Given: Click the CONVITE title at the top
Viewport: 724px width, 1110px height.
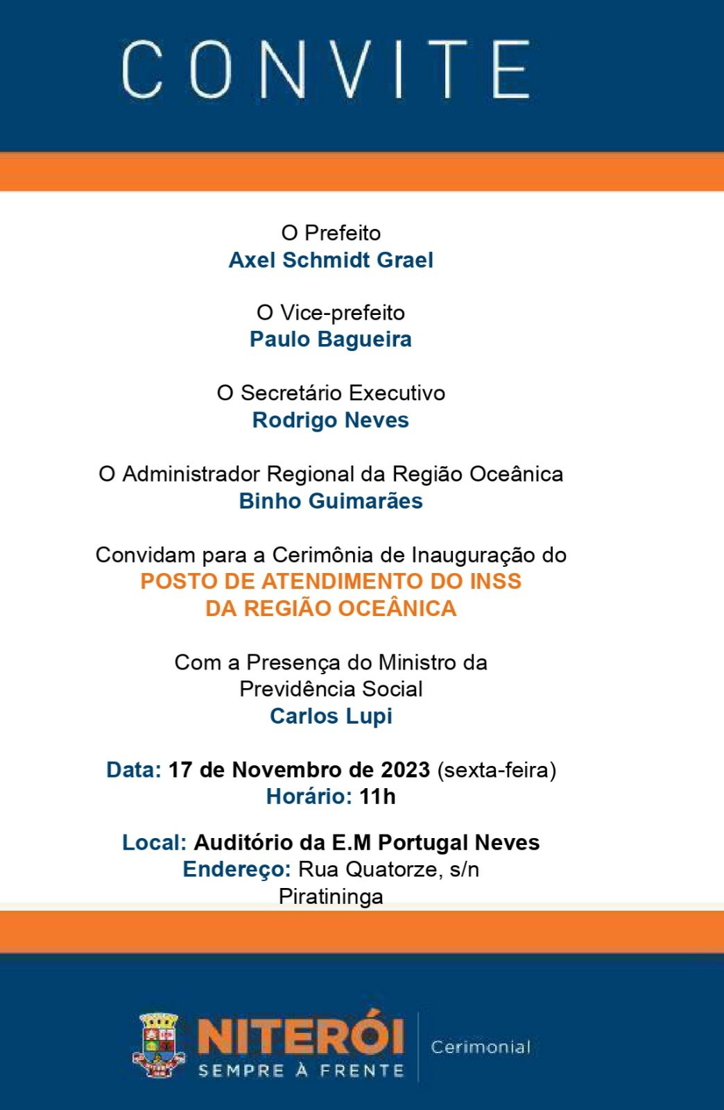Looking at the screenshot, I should pos(326,69).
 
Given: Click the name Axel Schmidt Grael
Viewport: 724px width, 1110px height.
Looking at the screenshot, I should pos(331,260).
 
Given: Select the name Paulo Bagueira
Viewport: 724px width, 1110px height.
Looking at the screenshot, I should pos(331,339).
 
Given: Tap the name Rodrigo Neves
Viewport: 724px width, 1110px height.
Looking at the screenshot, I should pos(331,420).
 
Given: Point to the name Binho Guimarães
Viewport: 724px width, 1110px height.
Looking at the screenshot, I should pos(331,501).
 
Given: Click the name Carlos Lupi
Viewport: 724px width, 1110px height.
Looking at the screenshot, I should pos(331,716).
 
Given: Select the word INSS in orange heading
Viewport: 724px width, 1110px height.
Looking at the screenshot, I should pos(495,581).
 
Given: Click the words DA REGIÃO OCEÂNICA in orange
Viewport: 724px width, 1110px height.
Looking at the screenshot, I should pos(331,608).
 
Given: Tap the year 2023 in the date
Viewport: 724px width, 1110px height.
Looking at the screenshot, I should pos(406,770).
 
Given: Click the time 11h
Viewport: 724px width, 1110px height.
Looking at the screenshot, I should pos(377,796).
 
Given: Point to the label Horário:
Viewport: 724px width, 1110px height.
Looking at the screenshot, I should pos(309,796).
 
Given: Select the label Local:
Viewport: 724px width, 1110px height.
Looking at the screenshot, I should pos(154,843).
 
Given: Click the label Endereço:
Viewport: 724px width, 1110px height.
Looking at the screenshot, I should pos(236,869).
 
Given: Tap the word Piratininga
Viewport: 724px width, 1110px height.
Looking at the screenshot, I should pos(331,896).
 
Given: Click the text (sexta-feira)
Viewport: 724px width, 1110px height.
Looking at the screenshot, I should pos(497,770).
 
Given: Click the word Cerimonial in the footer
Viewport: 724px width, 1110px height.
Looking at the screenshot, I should pos(481,1047).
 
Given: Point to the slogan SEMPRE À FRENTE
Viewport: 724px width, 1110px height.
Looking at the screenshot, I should pos(301,1070).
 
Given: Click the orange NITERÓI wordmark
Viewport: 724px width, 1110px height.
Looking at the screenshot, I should pos(301,1036).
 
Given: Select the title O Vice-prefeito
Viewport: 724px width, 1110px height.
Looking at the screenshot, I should pos(331,313).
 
